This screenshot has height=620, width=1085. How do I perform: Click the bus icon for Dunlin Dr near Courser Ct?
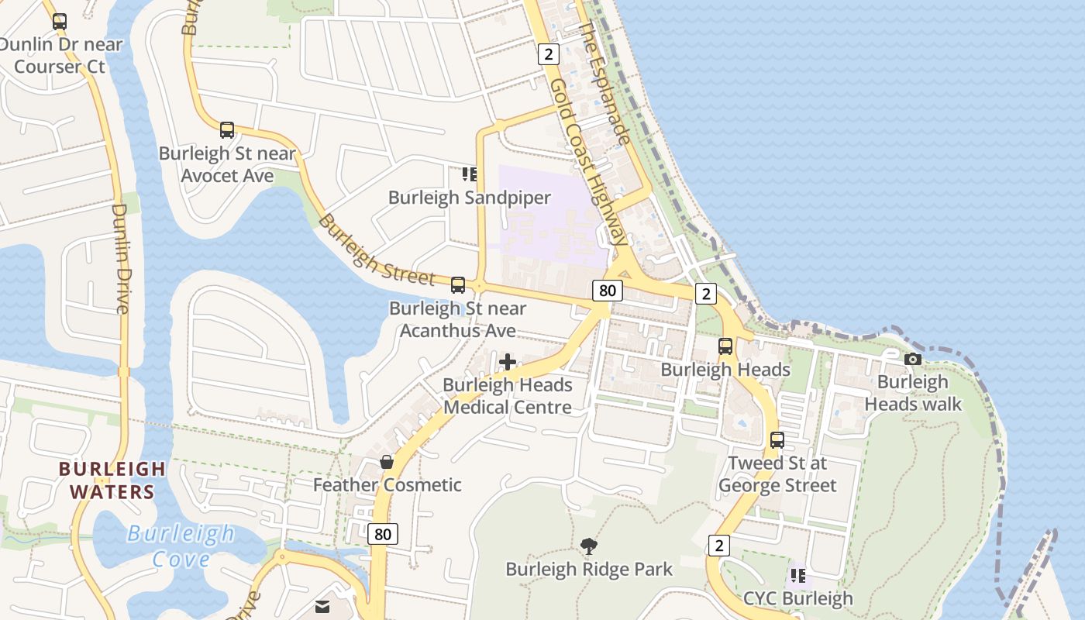[x=60, y=22]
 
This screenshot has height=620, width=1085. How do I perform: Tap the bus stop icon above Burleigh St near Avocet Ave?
[x=227, y=130]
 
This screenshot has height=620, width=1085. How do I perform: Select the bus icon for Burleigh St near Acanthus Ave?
[x=458, y=285]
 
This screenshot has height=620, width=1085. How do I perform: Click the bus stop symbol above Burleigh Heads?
[x=725, y=346]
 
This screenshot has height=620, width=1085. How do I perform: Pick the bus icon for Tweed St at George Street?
[x=777, y=440]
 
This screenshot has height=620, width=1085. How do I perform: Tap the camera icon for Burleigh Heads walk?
[x=913, y=359]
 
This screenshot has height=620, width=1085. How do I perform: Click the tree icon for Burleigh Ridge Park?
[x=589, y=546]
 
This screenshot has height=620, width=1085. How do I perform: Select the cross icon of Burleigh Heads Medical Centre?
[x=508, y=362]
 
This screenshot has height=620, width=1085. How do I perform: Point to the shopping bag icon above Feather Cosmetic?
[x=387, y=462]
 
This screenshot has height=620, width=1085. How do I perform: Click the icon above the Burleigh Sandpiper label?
[x=469, y=174]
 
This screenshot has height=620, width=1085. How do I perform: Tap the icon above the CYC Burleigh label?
[x=797, y=576]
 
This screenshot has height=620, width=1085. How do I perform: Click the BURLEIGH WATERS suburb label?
[x=112, y=480]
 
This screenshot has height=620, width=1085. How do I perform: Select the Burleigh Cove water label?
[x=181, y=546]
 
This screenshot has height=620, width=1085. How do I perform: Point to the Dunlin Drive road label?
[x=120, y=258]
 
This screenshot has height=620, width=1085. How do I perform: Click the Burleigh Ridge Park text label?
[x=589, y=570]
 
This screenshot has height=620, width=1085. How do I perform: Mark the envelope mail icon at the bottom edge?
[x=322, y=607]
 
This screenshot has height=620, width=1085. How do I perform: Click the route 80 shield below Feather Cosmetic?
[x=383, y=534]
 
